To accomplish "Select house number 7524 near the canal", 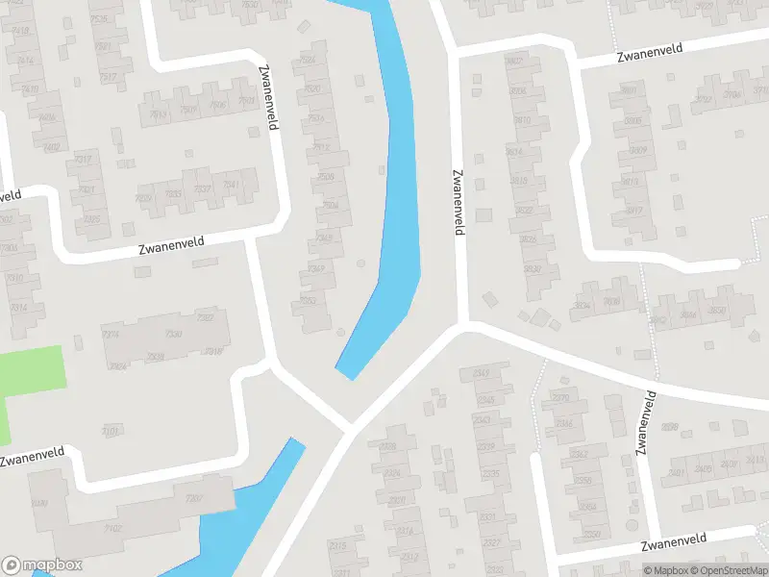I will pos(308,60).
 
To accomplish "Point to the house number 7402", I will pos(51,147).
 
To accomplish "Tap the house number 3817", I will pos(633,211).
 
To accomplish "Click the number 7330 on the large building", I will pos(174,334).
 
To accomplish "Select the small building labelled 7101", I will pos(111,431).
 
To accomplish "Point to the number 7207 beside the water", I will pos(194,498).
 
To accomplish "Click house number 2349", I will pos(482,374).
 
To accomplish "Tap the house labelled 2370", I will pos(561,397).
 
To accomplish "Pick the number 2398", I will pos(671,427).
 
